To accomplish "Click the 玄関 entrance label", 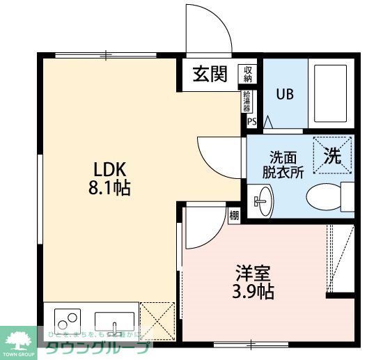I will (210, 75).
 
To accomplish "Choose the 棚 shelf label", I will (234, 215).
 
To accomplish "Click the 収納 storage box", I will (248, 73).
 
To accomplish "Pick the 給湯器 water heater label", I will (247, 102).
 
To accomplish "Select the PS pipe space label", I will (251, 121).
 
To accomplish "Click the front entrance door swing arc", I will (209, 29).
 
